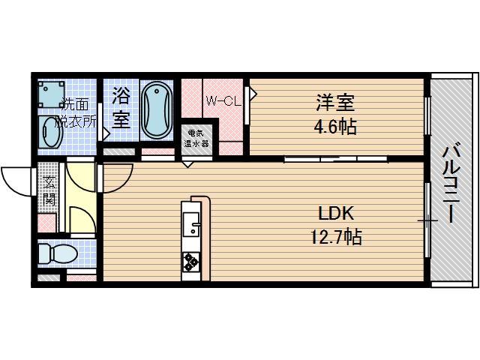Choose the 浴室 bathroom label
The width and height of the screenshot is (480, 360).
(x=121, y=106)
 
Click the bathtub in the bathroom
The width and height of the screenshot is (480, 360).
(x=157, y=109)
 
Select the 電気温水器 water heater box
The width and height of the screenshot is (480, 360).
(x=197, y=139)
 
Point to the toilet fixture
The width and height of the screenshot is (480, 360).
(x=55, y=254)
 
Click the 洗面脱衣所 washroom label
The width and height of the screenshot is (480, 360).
(x=77, y=112)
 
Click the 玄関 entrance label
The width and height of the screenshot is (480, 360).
(x=49, y=189)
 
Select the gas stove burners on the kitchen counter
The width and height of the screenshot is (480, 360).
(x=190, y=262)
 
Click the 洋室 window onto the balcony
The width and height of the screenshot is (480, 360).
(x=427, y=117)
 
